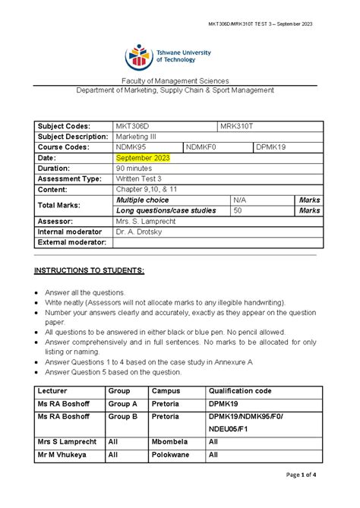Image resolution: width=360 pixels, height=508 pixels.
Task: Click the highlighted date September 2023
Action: (142, 158)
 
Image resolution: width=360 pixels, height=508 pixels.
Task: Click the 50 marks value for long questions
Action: (238, 210)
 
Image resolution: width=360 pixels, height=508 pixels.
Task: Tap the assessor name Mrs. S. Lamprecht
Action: (146, 221)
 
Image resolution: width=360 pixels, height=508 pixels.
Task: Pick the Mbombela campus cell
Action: (171, 441)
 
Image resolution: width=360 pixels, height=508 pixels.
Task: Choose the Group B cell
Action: (123, 418)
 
